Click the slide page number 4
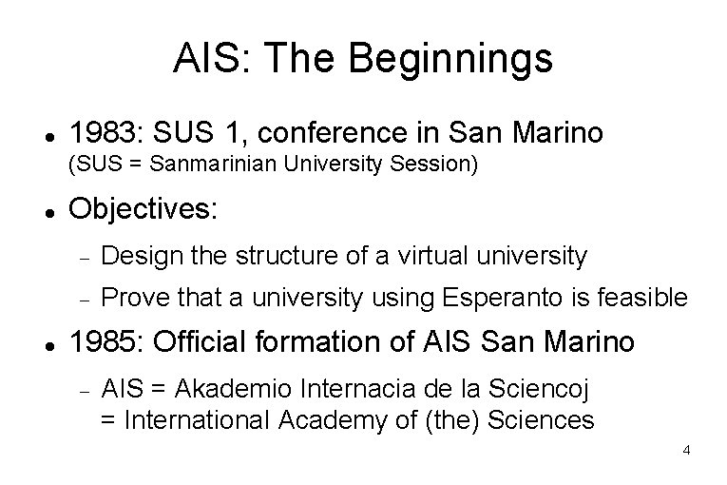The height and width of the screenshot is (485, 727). (x=686, y=448)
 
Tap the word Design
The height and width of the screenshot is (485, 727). (x=141, y=255)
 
